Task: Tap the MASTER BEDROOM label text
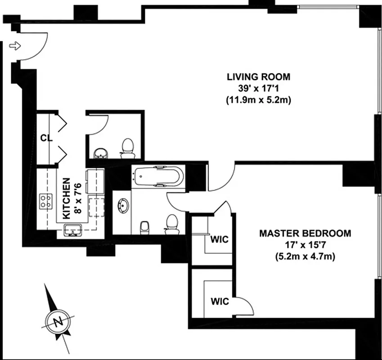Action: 305,234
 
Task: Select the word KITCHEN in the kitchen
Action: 66,198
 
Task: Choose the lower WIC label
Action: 219,301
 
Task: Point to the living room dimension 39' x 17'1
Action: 258,88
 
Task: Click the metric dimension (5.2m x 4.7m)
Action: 305,257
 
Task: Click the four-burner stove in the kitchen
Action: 45,201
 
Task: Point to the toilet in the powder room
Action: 128,148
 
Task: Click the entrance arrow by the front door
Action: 15,45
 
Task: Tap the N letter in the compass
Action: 57,321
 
